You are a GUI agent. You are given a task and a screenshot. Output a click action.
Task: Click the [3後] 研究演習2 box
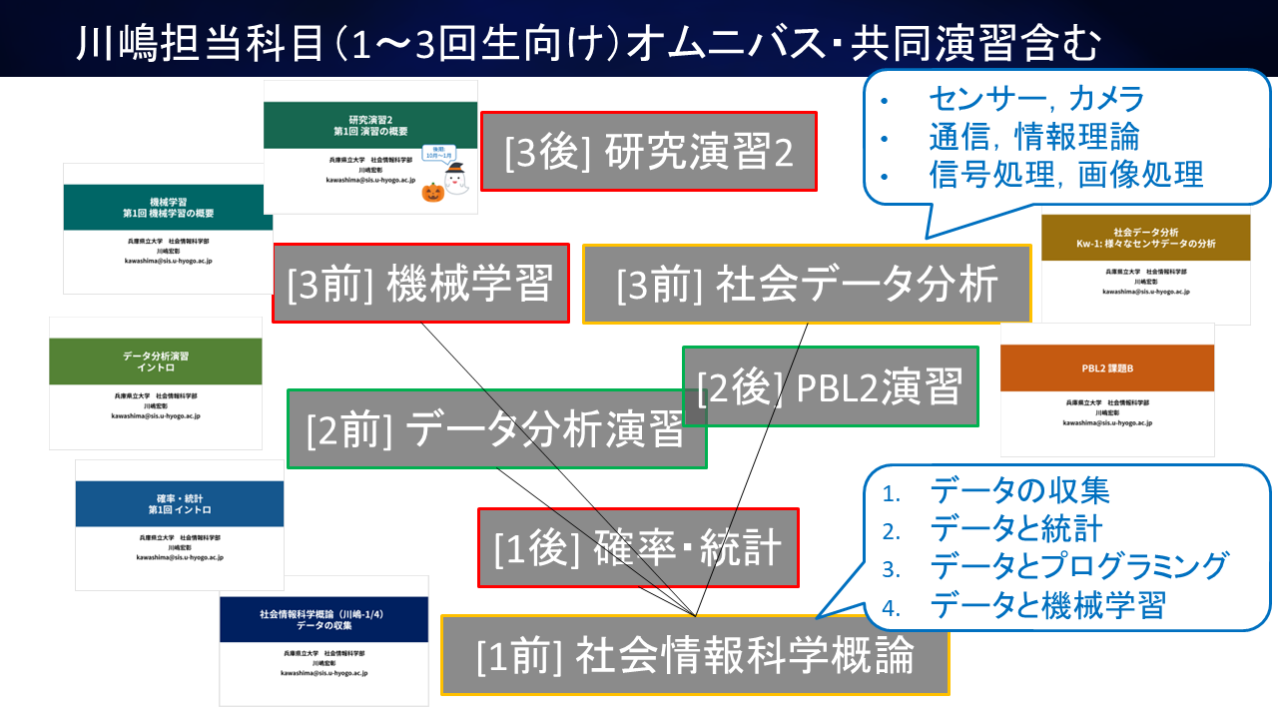click(x=649, y=151)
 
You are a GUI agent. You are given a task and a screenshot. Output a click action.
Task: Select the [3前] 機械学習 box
click(x=420, y=285)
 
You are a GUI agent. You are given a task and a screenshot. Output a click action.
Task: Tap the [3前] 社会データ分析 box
click(x=807, y=285)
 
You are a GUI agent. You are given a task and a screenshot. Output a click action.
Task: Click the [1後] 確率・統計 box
click(x=639, y=547)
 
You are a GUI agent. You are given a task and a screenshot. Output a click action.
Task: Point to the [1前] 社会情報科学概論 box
click(x=695, y=655)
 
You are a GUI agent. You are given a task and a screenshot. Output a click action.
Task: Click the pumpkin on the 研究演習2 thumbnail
click(x=431, y=192)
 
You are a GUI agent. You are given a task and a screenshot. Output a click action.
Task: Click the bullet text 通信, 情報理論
click(x=1033, y=136)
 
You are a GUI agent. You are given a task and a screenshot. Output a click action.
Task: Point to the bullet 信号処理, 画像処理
click(x=1065, y=174)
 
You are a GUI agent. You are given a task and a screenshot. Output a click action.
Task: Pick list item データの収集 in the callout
click(x=1019, y=490)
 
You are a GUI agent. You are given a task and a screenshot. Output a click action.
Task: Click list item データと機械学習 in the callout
click(x=1047, y=604)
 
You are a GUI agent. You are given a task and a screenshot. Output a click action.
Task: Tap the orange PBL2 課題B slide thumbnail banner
click(x=1107, y=368)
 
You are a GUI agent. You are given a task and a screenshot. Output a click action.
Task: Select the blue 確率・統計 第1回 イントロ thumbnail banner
click(x=179, y=503)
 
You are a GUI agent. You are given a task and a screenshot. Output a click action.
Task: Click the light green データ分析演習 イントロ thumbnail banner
click(x=156, y=361)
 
